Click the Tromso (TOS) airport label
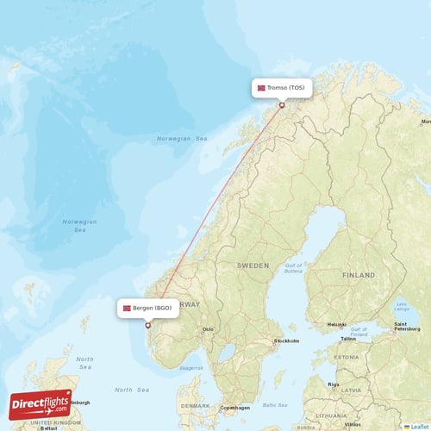[281, 88]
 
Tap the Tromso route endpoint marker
[281, 105]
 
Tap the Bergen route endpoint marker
[147, 325]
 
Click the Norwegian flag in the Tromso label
[261, 88]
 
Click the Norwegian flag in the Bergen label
[127, 308]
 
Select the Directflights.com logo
[41, 403]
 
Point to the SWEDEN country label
[253, 266]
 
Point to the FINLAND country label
[359, 275]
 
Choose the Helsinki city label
[337, 324]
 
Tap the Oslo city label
[207, 328]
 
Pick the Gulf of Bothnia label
[294, 269]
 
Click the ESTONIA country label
[347, 356]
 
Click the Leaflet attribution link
[418, 426]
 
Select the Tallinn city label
[347, 339]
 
